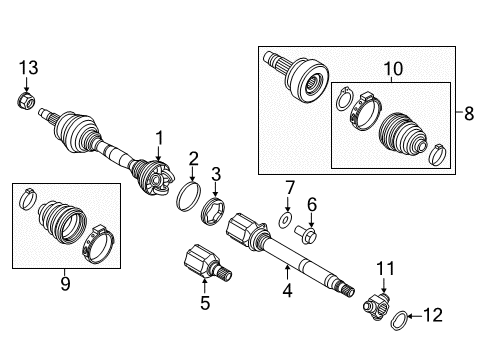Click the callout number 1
pos(157,136)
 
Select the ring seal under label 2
pos(185,193)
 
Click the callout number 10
pos(387,70)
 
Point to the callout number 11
pos(385,267)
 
